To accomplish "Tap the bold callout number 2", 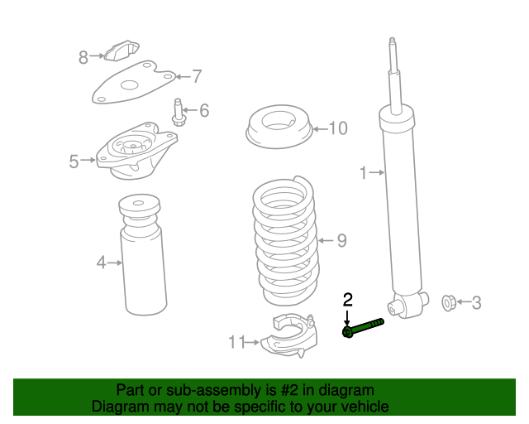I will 348,300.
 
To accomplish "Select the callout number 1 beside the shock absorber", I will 363,173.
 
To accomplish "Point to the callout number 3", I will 476,303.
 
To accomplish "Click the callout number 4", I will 101,263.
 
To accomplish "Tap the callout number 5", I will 74,161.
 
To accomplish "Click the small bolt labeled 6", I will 178,113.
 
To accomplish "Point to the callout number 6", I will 203,110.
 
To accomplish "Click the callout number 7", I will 197,77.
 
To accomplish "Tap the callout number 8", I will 83,57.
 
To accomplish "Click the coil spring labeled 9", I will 284,240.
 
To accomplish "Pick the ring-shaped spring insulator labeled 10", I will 279,128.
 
